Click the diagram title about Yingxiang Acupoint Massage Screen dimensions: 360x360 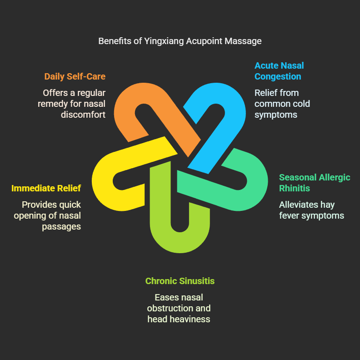pyautogui.click(x=180, y=41)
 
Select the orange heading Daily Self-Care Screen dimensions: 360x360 pyautogui.click(x=75, y=76)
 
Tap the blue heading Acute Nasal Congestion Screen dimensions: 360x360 pyautogui.click(x=279, y=71)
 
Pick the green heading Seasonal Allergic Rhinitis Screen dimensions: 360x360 pyautogui.click(x=315, y=183)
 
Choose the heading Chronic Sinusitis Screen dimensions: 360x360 pyautogui.click(x=180, y=281)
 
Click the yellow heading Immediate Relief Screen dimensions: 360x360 pyautogui.click(x=46, y=188)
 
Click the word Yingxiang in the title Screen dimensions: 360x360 pyautogui.click(x=163, y=41)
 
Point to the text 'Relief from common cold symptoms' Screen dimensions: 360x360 pyautogui.click(x=282, y=104)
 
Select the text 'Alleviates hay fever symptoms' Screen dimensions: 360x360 pyautogui.click(x=311, y=210)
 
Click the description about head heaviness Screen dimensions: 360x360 pyautogui.click(x=179, y=308)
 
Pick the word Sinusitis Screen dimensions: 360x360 pyautogui.click(x=196, y=281)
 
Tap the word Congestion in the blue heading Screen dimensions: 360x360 pyautogui.click(x=278, y=76)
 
